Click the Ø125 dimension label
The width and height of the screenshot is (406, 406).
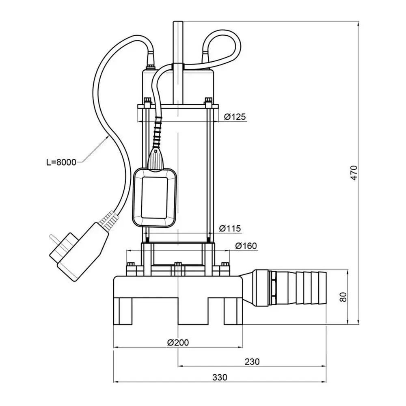click(x=235, y=117)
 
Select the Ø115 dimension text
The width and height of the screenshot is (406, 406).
click(x=230, y=229)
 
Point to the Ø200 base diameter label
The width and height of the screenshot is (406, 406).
click(x=178, y=342)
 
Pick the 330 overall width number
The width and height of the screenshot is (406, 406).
click(x=220, y=377)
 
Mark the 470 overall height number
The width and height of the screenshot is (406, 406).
click(x=354, y=173)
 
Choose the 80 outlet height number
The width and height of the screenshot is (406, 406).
click(x=343, y=297)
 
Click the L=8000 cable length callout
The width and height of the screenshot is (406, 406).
click(x=61, y=162)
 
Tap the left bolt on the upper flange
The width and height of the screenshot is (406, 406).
click(x=147, y=101)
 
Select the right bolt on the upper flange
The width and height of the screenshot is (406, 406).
click(x=209, y=101)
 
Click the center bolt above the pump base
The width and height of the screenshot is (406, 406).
click(x=177, y=266)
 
